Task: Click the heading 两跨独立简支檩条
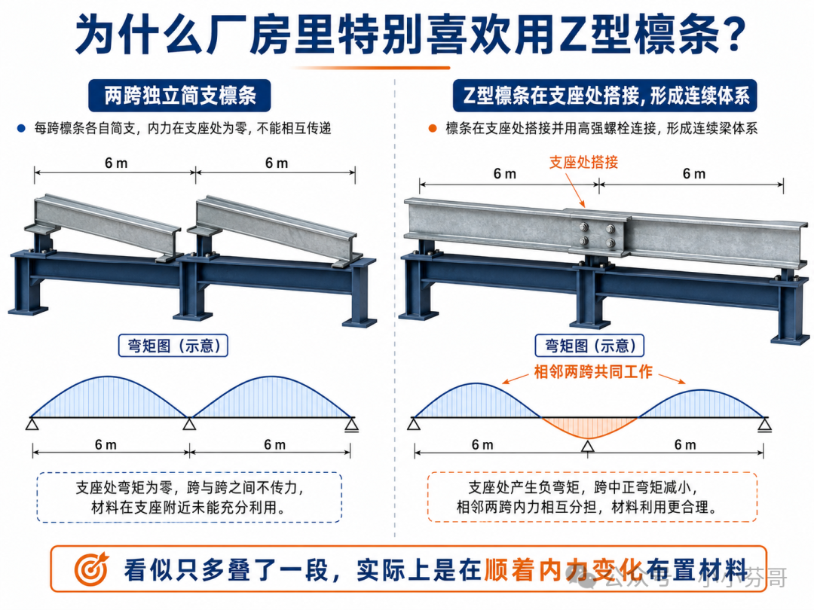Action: tap(179, 96)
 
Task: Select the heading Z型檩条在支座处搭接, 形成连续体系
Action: tap(604, 96)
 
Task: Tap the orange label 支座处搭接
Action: tap(583, 163)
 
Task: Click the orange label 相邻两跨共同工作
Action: tap(593, 372)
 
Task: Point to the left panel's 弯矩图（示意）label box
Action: tap(173, 346)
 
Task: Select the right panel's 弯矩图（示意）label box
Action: tap(589, 346)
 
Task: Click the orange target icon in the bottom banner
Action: tap(91, 569)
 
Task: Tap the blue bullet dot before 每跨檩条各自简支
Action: tap(21, 128)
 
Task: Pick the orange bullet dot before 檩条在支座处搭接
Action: tap(433, 128)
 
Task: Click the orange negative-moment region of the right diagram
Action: tap(589, 428)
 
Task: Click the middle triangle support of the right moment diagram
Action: tap(588, 447)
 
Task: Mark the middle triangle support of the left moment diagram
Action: tap(189, 424)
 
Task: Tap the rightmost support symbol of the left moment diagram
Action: tap(352, 425)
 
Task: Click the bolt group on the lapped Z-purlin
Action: tap(597, 234)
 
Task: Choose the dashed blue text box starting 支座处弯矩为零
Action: tap(189, 497)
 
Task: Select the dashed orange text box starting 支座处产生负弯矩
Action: tap(592, 497)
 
